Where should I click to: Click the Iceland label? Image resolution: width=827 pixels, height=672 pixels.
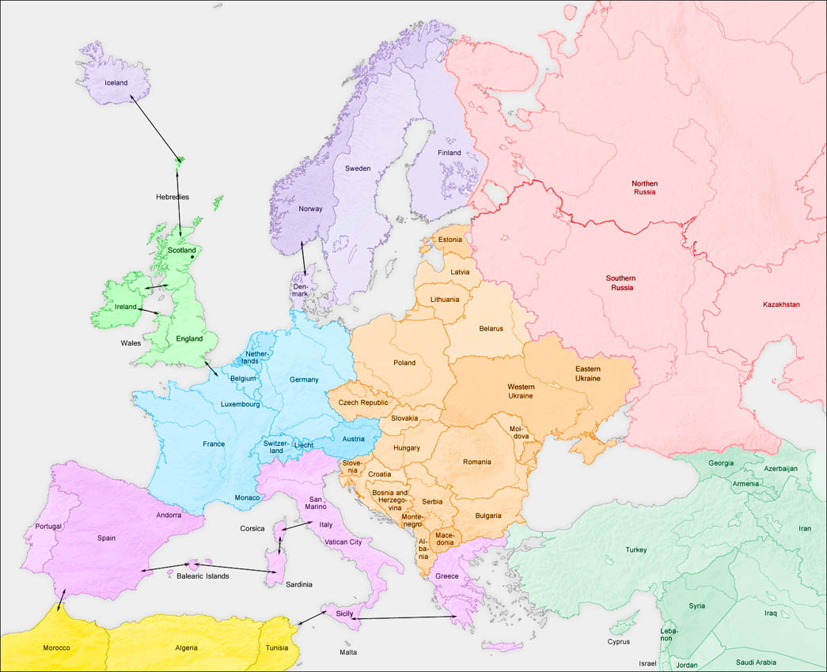coord(116,82)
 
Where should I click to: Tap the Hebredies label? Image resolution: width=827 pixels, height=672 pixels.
coord(173,197)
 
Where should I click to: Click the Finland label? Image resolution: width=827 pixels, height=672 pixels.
coord(449,153)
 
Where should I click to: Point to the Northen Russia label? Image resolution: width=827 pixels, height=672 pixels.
coord(644,187)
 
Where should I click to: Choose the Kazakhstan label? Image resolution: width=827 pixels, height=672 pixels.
coord(781,304)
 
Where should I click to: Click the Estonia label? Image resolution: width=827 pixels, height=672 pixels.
coord(450,240)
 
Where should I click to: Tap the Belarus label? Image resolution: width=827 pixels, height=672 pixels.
coord(491,328)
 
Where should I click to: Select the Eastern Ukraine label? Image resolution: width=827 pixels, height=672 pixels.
coord(587,374)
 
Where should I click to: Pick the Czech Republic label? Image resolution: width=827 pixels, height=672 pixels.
coord(363,402)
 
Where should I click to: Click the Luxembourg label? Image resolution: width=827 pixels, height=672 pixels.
coord(241,404)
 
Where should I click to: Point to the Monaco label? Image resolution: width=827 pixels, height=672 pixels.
coord(247,497)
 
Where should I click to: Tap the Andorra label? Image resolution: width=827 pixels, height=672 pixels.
coord(169,515)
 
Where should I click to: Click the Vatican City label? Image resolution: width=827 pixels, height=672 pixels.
coord(343,542)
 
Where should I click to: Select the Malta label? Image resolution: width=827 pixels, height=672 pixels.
coord(348,652)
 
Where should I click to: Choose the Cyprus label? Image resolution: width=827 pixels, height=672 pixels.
coord(619,642)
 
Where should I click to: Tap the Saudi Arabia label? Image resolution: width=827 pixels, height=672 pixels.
coord(756,663)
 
